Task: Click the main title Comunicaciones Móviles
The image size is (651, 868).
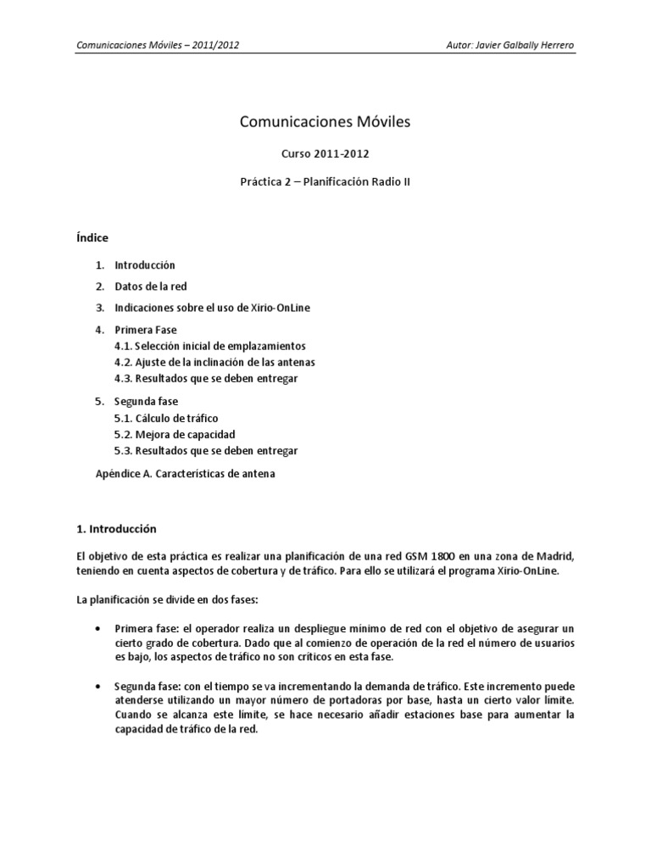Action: (325, 122)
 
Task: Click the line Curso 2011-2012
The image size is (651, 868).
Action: (325, 154)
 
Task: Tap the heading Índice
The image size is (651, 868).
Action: (93, 237)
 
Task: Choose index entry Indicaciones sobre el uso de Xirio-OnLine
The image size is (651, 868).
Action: (212, 307)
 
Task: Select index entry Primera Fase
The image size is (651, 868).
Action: (146, 328)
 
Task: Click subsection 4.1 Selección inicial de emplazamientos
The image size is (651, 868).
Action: (209, 346)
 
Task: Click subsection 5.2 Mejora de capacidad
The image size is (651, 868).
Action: (174, 434)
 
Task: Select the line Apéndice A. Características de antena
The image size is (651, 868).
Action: (185, 474)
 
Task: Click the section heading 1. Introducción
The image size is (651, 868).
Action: (117, 528)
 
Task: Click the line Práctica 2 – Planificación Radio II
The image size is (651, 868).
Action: (325, 181)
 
